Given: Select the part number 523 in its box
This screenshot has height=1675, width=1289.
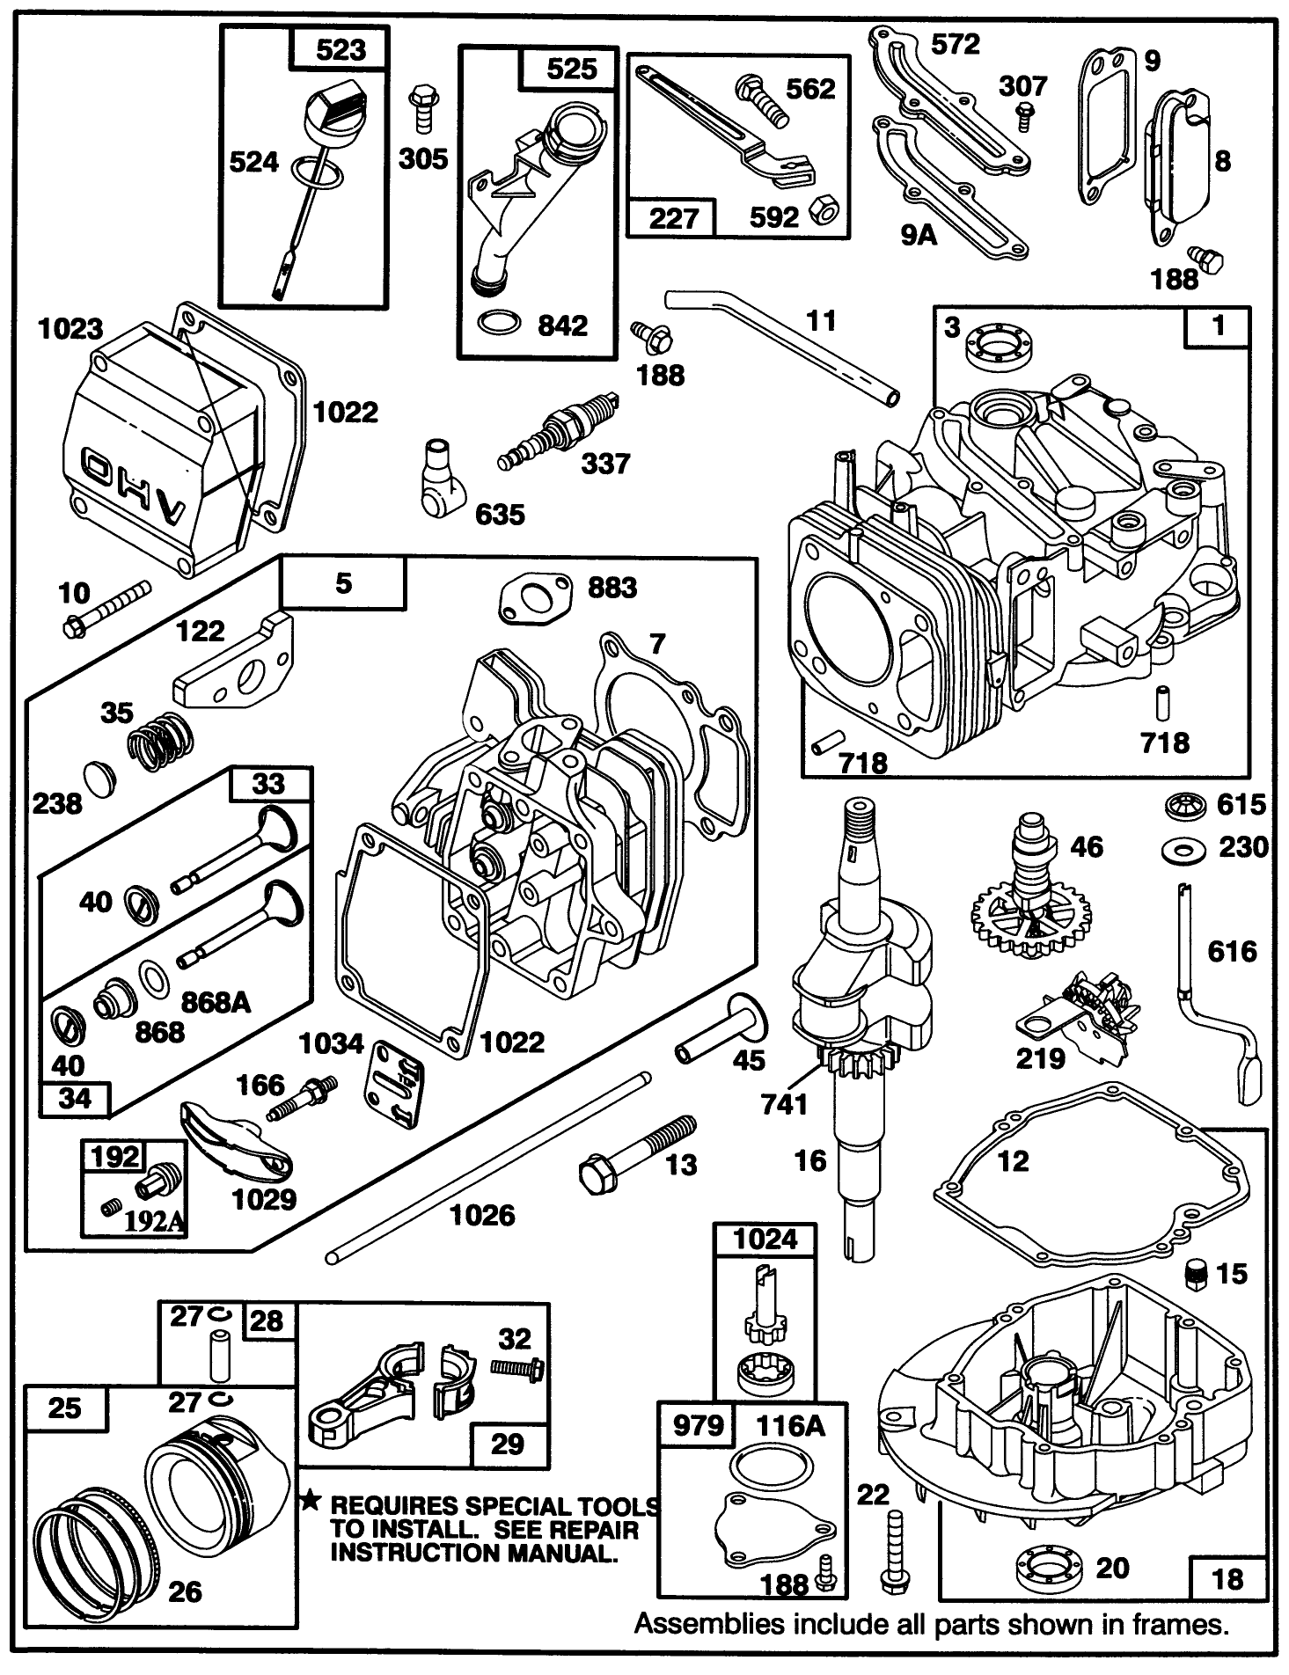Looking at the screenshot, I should point(341,49).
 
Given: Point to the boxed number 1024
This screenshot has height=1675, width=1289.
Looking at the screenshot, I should point(765,1239).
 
